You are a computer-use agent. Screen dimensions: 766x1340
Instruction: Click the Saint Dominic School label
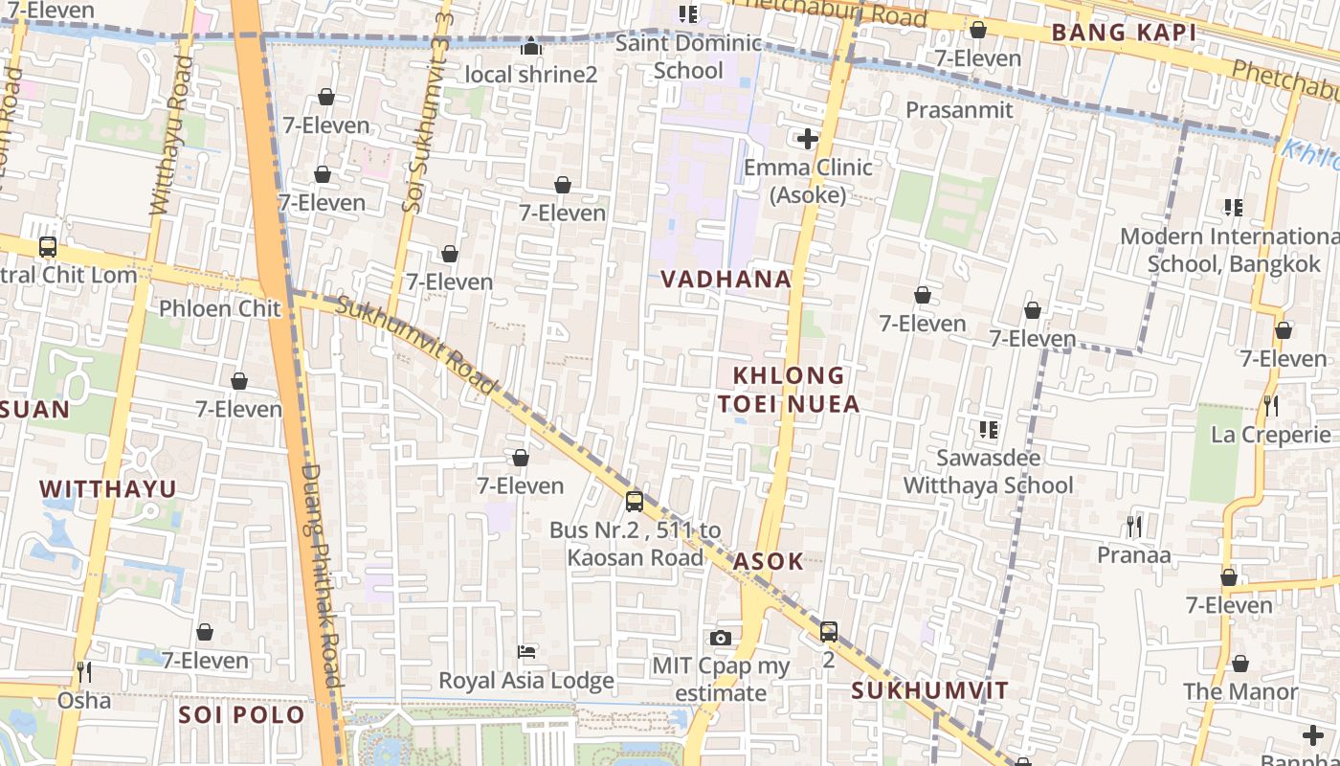point(688,57)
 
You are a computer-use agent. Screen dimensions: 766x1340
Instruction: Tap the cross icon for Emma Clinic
point(808,139)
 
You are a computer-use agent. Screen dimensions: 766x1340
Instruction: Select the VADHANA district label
point(726,280)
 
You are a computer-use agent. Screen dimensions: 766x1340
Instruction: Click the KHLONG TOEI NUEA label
point(790,390)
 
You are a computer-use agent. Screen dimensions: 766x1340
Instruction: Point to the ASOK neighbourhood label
point(769,562)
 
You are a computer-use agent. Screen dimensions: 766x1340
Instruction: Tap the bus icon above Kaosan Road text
point(634,501)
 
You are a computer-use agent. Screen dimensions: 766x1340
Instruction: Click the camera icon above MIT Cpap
point(721,638)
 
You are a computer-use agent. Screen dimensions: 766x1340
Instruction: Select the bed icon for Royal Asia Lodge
point(526,652)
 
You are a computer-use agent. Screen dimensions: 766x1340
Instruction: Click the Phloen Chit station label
point(220,308)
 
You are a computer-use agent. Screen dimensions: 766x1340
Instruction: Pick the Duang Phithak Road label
point(321,574)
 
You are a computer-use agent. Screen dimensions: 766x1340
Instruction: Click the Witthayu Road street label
point(169,134)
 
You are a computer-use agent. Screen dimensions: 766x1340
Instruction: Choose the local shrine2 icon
point(531,46)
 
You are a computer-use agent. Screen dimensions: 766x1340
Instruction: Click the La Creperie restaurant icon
point(1270,405)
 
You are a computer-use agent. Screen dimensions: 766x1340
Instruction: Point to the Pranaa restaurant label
point(1134,555)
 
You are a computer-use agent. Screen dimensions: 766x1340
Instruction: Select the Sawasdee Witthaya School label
point(989,471)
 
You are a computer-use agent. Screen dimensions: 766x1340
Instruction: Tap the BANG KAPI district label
point(1124,33)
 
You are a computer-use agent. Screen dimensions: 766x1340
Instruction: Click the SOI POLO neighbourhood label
point(241,715)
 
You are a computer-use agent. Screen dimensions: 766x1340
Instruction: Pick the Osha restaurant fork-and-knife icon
point(84,671)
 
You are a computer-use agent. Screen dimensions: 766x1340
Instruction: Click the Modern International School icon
point(1233,207)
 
